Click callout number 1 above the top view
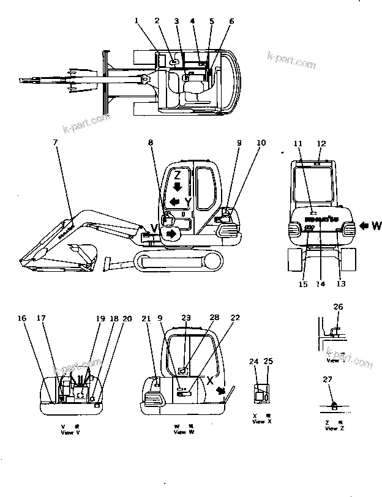pos(138,21)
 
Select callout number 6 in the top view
pos(231,21)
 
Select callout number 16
pos(23,318)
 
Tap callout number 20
pos(127,318)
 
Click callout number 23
pos(186,318)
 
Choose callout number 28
pos(214,318)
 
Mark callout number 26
pos(339,307)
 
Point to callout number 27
pos(328,379)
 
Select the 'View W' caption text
pos(183,432)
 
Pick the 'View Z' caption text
pos(331,428)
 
